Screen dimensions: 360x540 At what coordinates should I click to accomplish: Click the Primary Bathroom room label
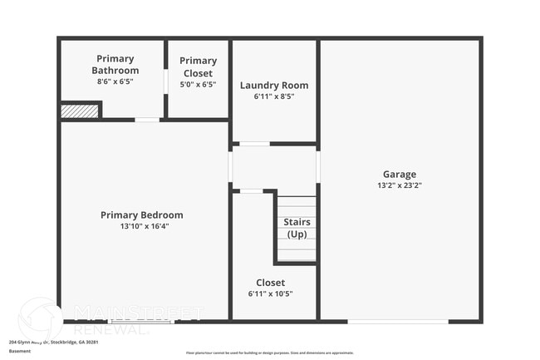(115, 64)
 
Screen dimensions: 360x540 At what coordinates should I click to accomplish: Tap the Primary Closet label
(198, 66)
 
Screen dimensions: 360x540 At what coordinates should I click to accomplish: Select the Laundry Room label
(274, 85)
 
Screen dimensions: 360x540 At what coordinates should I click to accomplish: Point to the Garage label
(400, 175)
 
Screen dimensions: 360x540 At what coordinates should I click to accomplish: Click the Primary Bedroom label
(142, 215)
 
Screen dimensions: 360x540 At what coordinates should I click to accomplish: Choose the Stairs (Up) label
(297, 228)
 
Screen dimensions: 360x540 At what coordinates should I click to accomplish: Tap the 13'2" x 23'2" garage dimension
(400, 186)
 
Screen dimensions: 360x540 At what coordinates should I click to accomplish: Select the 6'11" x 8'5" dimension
(274, 96)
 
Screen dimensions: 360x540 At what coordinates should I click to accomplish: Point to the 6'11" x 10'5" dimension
(271, 293)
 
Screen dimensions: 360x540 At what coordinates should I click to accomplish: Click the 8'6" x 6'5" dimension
(115, 81)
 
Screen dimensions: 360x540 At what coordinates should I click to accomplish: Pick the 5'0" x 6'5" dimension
(198, 84)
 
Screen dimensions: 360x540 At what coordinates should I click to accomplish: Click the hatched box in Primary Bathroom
(81, 111)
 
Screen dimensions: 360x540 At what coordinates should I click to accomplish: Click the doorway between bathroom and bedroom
(148, 120)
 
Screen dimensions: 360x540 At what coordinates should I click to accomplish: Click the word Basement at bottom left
(20, 351)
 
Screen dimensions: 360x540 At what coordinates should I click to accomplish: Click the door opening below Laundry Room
(254, 144)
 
